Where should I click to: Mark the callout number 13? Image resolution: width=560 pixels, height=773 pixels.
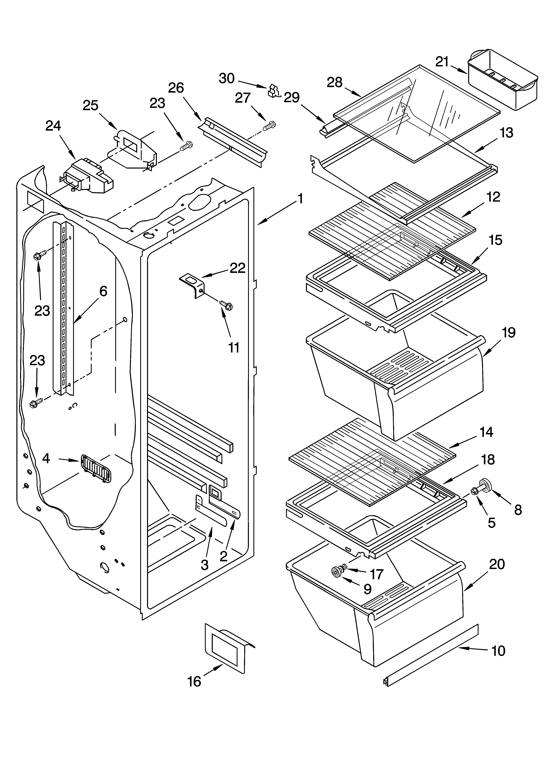point(506,133)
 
